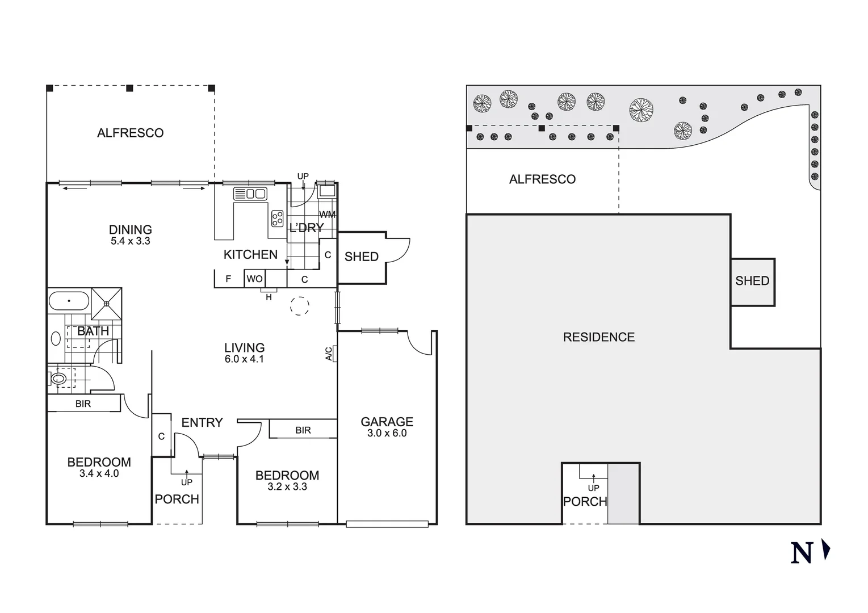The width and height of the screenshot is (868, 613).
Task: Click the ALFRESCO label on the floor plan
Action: (x=130, y=133)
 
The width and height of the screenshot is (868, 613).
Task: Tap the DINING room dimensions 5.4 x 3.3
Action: (x=130, y=241)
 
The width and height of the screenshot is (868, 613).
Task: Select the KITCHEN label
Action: (x=250, y=255)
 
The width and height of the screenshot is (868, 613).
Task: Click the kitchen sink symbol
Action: (x=250, y=194)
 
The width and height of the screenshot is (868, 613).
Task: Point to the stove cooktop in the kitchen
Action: (x=278, y=219)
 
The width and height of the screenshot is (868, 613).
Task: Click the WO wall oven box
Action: (x=254, y=279)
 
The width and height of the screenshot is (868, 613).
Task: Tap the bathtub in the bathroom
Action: (x=69, y=300)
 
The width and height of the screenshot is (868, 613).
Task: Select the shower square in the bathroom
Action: (x=107, y=303)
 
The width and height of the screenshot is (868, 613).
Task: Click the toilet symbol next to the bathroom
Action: (x=58, y=377)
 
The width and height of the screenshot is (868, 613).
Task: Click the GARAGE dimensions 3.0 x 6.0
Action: (x=387, y=433)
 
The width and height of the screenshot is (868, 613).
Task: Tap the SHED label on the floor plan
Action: (x=361, y=257)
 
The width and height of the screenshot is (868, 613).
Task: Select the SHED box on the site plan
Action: (x=752, y=281)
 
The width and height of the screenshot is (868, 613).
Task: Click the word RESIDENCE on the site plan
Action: (x=598, y=337)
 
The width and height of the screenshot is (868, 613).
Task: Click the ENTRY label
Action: (x=202, y=423)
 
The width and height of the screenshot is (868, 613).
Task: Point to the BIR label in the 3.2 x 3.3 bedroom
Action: (x=303, y=430)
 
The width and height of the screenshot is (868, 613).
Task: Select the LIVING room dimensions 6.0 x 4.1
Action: (x=244, y=359)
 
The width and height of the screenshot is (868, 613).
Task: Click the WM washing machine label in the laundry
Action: (x=327, y=215)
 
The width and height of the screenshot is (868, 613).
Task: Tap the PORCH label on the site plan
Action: (x=585, y=502)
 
